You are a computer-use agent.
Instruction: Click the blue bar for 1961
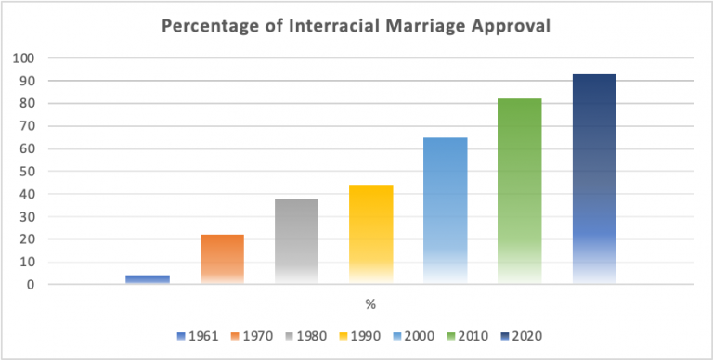click(148, 279)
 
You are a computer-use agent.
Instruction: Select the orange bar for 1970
click(222, 259)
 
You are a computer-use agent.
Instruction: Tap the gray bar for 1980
click(296, 241)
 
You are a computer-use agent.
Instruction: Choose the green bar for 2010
click(519, 191)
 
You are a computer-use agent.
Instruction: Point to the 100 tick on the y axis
click(24, 58)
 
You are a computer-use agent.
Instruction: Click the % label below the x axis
click(369, 303)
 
